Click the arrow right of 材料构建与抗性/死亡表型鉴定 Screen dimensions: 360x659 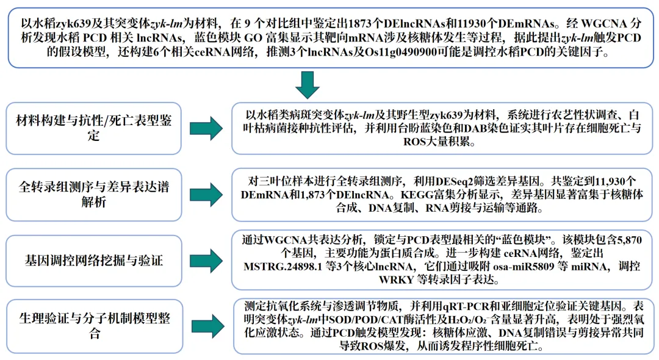click(x=206, y=128)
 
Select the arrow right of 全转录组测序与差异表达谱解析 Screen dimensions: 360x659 click(x=206, y=194)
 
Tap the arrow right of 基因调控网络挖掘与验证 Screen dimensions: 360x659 click(x=206, y=261)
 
